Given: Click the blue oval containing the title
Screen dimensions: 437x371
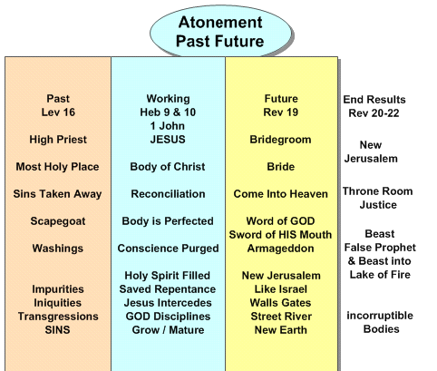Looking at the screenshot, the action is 220,32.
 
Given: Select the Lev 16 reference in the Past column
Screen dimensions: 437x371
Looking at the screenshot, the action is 58,112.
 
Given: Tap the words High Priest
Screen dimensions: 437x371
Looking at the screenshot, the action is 58,140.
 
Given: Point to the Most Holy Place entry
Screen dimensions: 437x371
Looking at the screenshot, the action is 57,167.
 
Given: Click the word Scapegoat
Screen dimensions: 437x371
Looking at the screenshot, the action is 58,221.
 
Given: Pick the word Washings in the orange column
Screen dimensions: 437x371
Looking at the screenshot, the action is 58,249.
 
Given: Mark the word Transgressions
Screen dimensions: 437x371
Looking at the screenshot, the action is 58,317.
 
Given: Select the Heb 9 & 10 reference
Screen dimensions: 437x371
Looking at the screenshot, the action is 168,112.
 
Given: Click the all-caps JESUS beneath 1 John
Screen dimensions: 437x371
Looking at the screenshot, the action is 168,140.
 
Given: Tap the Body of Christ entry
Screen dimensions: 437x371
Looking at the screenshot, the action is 168,167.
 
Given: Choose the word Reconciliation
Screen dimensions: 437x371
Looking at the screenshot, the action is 168,194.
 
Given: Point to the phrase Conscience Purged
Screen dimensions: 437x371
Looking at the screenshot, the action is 168,249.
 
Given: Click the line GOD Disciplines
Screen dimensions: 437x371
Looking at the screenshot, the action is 168,317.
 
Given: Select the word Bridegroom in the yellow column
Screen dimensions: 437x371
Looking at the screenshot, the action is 280,140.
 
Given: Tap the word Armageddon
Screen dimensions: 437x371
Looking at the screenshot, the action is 280,249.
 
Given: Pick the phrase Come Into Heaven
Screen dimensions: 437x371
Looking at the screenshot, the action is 280,194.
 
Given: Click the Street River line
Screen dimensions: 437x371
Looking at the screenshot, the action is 281,317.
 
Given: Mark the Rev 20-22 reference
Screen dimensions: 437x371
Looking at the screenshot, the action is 374,113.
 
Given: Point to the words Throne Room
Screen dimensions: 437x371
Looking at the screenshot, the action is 378,191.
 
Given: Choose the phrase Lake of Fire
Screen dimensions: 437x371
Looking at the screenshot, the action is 380,275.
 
